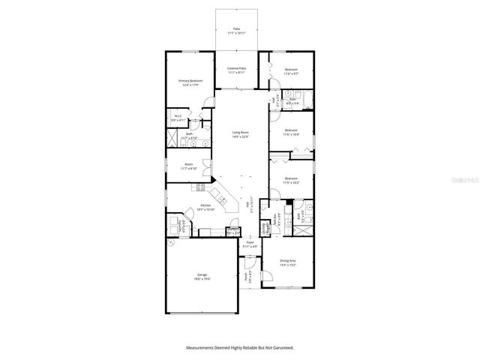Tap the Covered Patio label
click(x=237, y=70)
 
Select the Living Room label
click(x=239, y=135)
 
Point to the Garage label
click(x=202, y=276)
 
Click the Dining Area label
click(x=287, y=262)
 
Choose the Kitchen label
click(x=205, y=208)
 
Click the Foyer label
click(x=250, y=244)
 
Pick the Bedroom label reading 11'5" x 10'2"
click(x=291, y=181)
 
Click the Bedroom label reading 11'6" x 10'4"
click(x=291, y=133)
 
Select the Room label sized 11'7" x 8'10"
click(x=189, y=166)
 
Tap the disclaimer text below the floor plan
click(x=239, y=347)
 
